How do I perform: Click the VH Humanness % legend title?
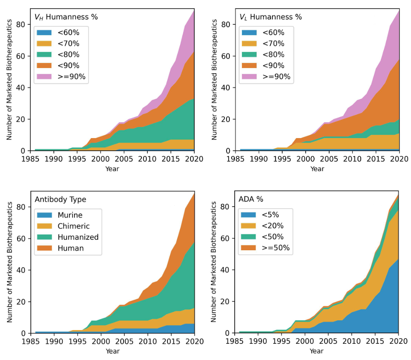pyautogui.click(x=66, y=17)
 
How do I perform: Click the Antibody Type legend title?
pyautogui.click(x=60, y=199)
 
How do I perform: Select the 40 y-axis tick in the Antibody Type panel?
pyautogui.click(x=21, y=270)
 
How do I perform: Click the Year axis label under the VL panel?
pyautogui.click(x=317, y=169)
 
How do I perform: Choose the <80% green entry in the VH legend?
pyautogui.click(x=68, y=55)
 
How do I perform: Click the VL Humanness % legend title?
pyautogui.click(x=271, y=17)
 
